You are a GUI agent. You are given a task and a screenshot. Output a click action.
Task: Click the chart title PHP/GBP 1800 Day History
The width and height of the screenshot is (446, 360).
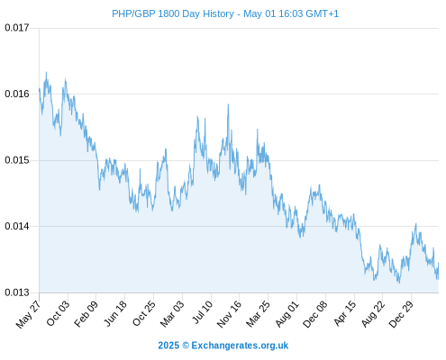tap(173, 13)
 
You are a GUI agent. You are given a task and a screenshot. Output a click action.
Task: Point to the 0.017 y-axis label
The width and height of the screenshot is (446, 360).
tap(17, 28)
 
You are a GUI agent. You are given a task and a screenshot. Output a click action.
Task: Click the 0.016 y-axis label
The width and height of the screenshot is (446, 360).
tap(17, 94)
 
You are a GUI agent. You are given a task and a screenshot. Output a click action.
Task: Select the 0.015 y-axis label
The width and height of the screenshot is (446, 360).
tap(17, 160)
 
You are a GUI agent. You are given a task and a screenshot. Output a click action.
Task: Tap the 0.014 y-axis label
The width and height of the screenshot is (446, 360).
tap(17, 226)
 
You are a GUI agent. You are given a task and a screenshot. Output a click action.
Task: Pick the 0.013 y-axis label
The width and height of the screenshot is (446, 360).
tap(17, 292)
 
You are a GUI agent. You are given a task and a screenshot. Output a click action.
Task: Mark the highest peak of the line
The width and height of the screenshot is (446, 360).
tap(46, 72)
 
